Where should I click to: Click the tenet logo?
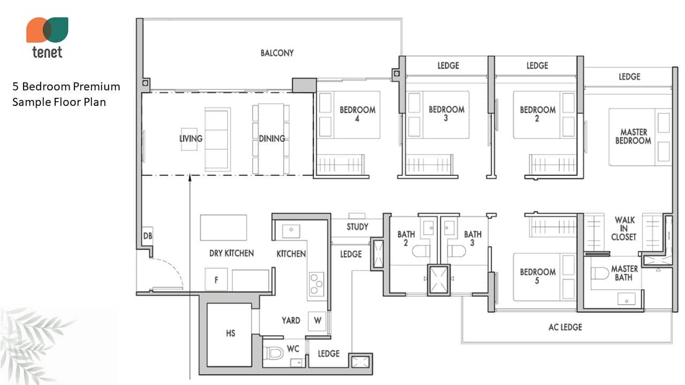point(47,37)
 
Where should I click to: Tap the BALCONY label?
point(277,53)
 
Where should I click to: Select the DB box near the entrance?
point(147,236)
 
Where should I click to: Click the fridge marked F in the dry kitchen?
point(216,280)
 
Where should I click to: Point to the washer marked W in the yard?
point(317,320)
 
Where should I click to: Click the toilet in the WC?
point(273,353)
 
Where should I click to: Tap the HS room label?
point(231,333)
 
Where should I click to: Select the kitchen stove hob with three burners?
point(316,284)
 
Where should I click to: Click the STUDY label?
point(357,227)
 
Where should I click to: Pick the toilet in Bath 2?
point(421,251)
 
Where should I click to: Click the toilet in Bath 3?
point(456,251)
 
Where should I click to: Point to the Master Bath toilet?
point(600,273)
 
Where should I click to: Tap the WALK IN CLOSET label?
point(624,228)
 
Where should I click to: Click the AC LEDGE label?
point(565,327)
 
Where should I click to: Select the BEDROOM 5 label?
point(538,276)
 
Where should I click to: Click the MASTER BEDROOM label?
point(633,136)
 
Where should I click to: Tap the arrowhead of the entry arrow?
point(190,177)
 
